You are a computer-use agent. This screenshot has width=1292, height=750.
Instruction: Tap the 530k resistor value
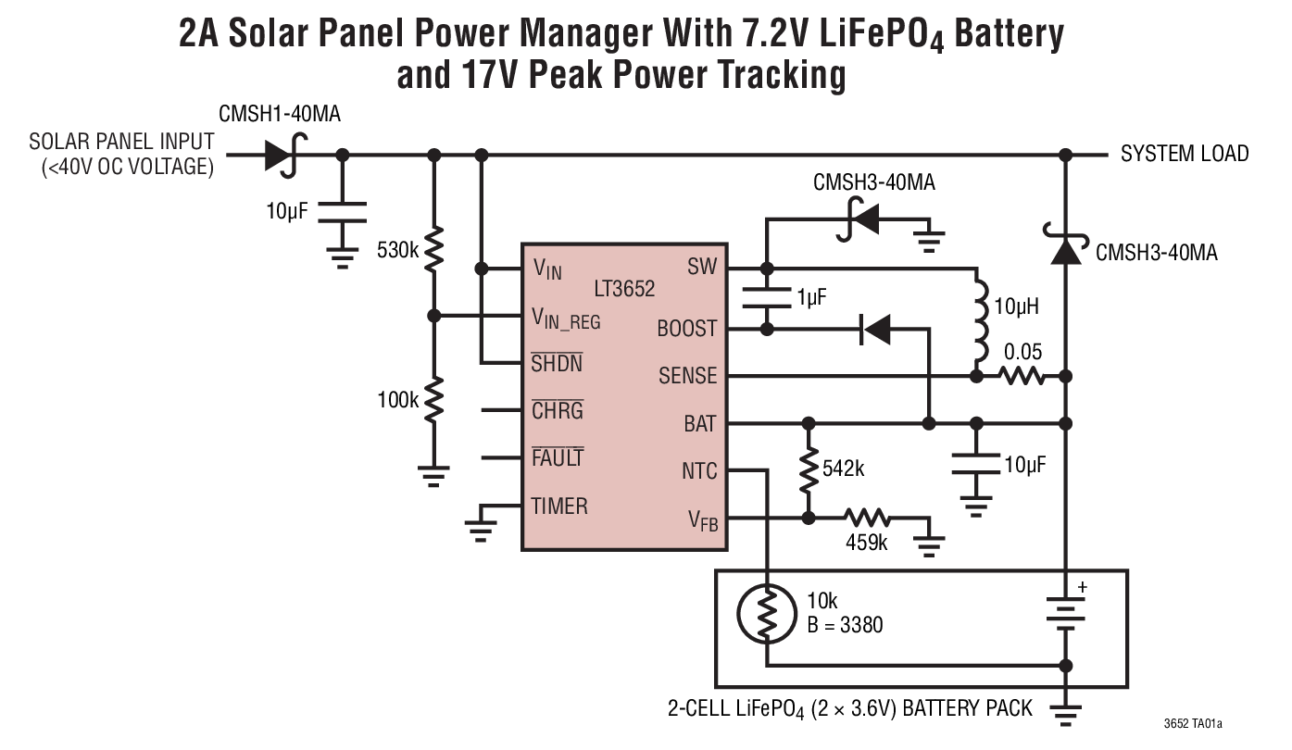[x=398, y=250]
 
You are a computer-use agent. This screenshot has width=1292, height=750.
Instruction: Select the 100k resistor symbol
[x=433, y=400]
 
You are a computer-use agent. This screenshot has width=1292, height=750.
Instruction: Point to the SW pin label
[x=702, y=268]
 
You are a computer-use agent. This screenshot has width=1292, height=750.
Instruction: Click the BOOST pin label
[x=686, y=329]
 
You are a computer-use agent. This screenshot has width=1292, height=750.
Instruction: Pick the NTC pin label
[x=699, y=471]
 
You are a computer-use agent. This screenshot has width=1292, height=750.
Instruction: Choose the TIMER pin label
[x=559, y=506]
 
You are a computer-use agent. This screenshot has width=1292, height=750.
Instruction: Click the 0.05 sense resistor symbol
[x=1022, y=376]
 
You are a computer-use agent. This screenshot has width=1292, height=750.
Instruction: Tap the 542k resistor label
[x=843, y=469]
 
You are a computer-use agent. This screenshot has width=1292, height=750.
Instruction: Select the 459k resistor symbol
[x=867, y=519]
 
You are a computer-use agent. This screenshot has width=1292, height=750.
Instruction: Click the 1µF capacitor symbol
[x=766, y=297]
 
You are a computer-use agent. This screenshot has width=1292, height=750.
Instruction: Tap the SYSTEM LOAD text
[x=1185, y=154]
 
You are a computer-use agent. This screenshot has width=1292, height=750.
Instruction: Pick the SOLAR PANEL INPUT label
[x=121, y=143]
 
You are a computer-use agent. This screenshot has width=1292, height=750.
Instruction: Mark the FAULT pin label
[x=558, y=458]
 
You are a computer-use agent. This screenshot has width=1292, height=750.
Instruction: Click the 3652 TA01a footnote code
[x=1199, y=724]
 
